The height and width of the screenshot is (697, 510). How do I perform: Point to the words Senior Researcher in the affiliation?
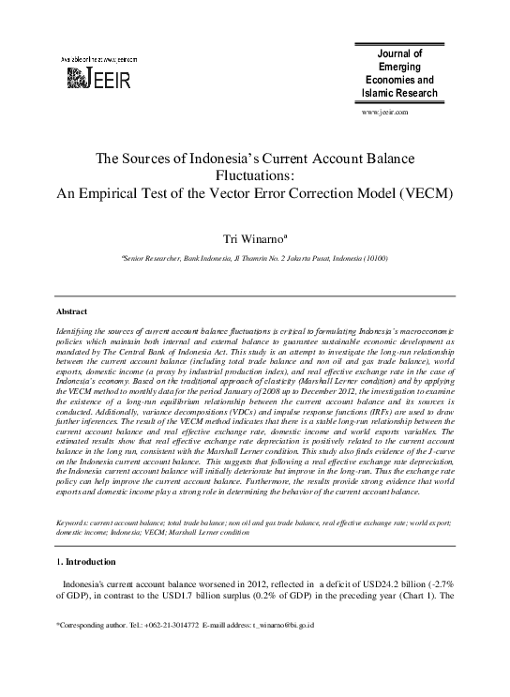(161, 257)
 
